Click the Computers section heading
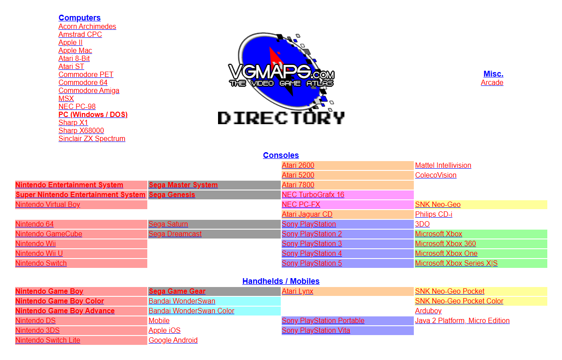pos(80,18)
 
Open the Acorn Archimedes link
pos(87,27)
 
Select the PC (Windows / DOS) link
pos(93,115)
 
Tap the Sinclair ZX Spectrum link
pos(92,139)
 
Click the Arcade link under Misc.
pos(492,82)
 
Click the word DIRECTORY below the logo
pos(281,118)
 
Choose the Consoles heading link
pos(281,155)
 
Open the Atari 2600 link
pos(298,166)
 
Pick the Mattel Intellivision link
pos(443,166)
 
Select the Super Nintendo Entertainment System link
pos(80,194)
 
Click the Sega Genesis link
pos(172,194)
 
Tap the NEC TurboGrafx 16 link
pos(313,194)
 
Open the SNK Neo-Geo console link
pos(438,204)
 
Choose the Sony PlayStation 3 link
pos(311,243)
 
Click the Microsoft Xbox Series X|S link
pos(457,263)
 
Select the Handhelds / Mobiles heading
pos(281,281)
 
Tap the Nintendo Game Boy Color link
pos(60,301)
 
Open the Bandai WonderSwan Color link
pos(191,311)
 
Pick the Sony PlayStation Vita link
pos(316,330)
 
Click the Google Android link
pos(173,340)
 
